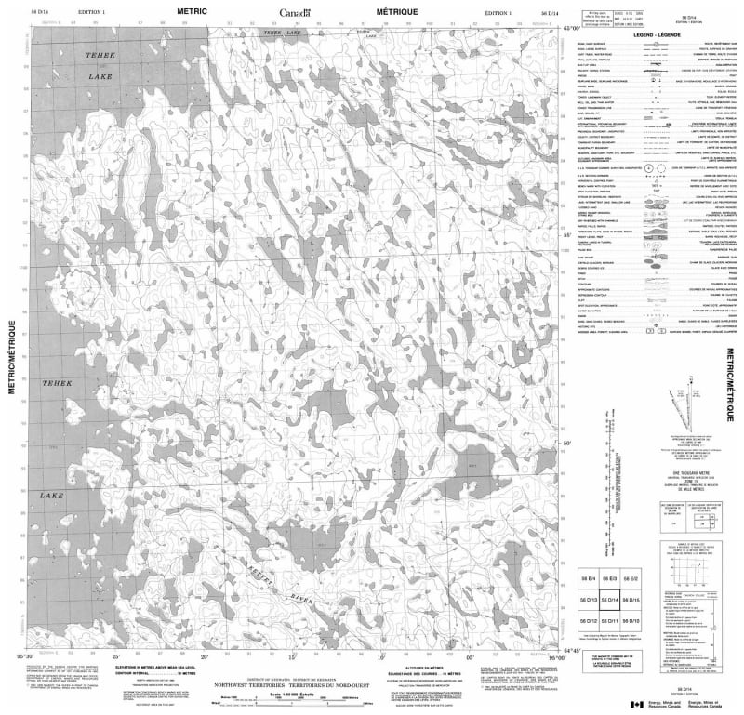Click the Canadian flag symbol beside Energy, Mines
point(636,704)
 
